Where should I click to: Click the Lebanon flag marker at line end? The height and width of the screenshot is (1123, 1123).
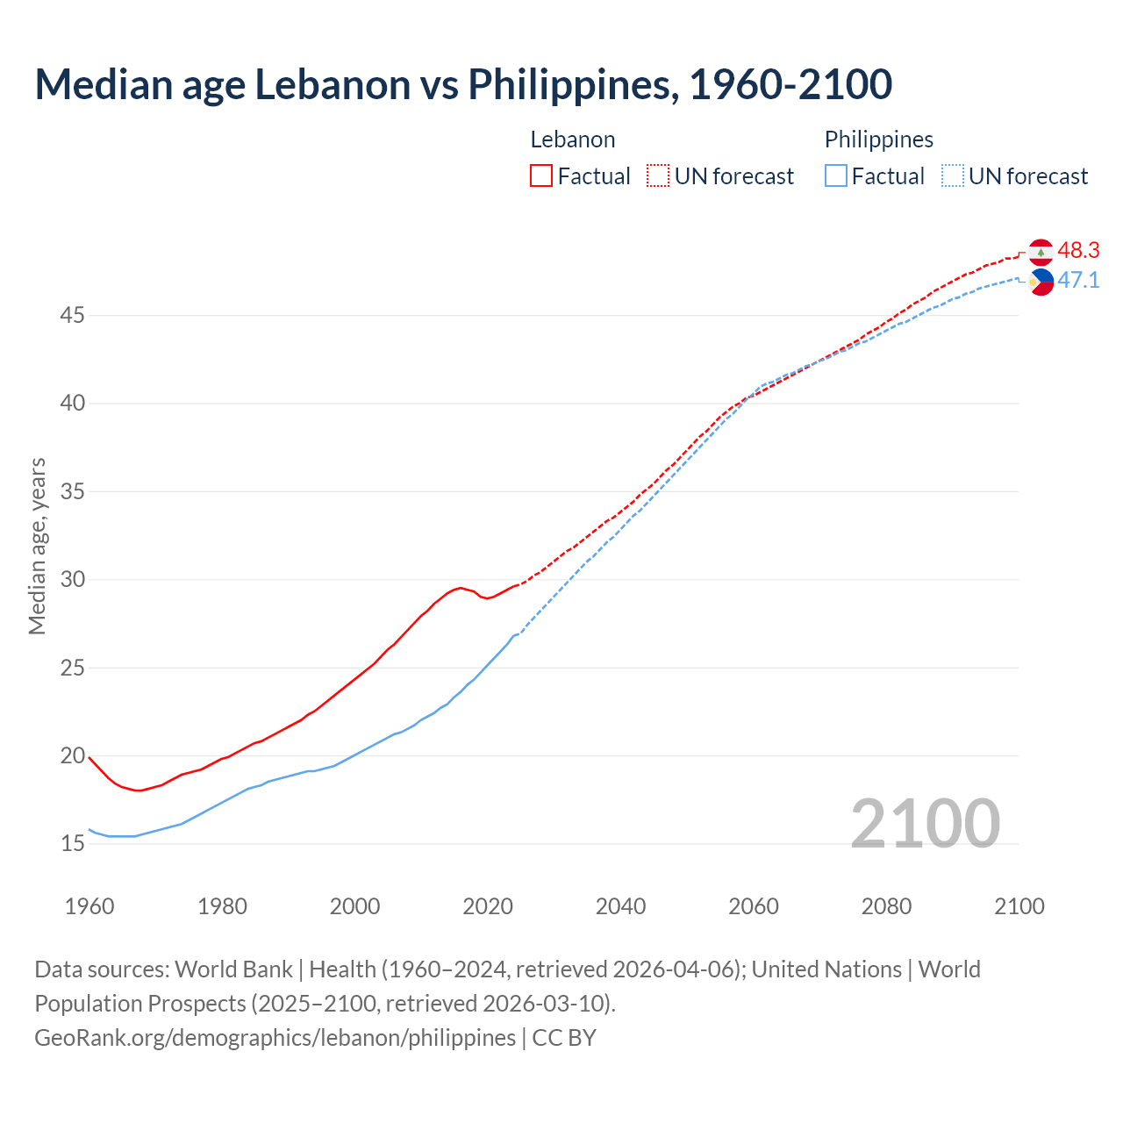1041,252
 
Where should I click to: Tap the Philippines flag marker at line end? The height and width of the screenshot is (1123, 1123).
1041,282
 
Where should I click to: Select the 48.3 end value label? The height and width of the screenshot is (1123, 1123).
1078,251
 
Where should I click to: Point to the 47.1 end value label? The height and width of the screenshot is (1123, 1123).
1078,281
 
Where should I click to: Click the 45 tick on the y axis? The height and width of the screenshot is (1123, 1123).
72,315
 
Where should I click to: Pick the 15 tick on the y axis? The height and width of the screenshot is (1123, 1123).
72,844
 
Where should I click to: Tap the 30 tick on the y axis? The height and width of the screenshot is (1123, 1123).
72,580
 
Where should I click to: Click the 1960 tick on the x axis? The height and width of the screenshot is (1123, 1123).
89,906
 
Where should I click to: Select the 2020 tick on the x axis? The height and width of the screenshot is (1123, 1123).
488,906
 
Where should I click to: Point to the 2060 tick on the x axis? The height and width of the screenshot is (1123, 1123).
754,906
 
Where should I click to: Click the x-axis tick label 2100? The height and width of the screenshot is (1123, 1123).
1019,906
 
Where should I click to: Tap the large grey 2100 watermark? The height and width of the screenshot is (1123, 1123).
925,824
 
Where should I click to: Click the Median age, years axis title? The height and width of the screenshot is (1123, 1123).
37,546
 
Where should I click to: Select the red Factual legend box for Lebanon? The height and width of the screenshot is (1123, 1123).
541,176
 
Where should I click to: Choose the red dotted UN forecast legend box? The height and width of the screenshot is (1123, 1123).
658,176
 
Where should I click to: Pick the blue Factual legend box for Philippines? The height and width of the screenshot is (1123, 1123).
836,176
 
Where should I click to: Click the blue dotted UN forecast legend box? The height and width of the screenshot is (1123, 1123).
953,176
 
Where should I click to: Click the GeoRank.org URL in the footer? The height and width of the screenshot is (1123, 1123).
275,1038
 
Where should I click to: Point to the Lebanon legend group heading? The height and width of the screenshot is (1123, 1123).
573,139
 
